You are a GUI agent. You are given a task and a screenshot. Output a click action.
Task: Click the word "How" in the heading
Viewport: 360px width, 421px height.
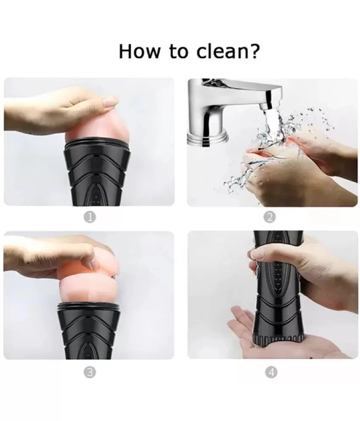[139, 51]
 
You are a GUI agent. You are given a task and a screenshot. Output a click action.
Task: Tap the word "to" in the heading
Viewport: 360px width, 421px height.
[178, 52]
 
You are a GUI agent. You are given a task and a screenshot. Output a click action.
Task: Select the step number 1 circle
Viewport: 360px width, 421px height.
[90, 217]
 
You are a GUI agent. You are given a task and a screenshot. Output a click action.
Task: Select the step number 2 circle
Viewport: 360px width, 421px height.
[270, 217]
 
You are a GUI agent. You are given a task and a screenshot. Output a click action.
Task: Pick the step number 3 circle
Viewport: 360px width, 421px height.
[90, 372]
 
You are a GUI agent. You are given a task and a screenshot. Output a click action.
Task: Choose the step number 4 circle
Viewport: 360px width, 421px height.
[271, 372]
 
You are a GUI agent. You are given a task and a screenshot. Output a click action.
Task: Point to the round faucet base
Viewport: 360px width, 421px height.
[208, 137]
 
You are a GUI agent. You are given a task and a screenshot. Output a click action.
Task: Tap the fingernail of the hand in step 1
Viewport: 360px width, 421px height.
[110, 101]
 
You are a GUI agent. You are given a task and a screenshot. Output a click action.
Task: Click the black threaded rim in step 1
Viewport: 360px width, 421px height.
[98, 145]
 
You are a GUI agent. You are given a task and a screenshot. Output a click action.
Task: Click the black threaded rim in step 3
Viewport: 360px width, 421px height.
[89, 306]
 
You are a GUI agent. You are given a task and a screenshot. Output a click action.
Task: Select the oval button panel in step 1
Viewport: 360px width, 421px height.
[96, 194]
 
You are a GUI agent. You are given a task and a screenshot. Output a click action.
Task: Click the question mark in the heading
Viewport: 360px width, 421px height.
[254, 51]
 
